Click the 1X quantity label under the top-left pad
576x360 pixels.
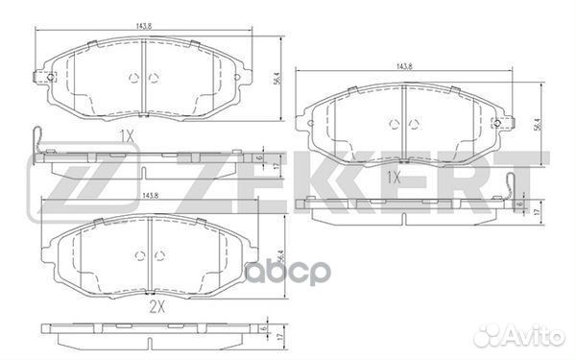pos(126,135)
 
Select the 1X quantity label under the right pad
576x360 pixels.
pos(393,179)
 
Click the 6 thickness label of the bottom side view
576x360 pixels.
pos(260,329)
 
